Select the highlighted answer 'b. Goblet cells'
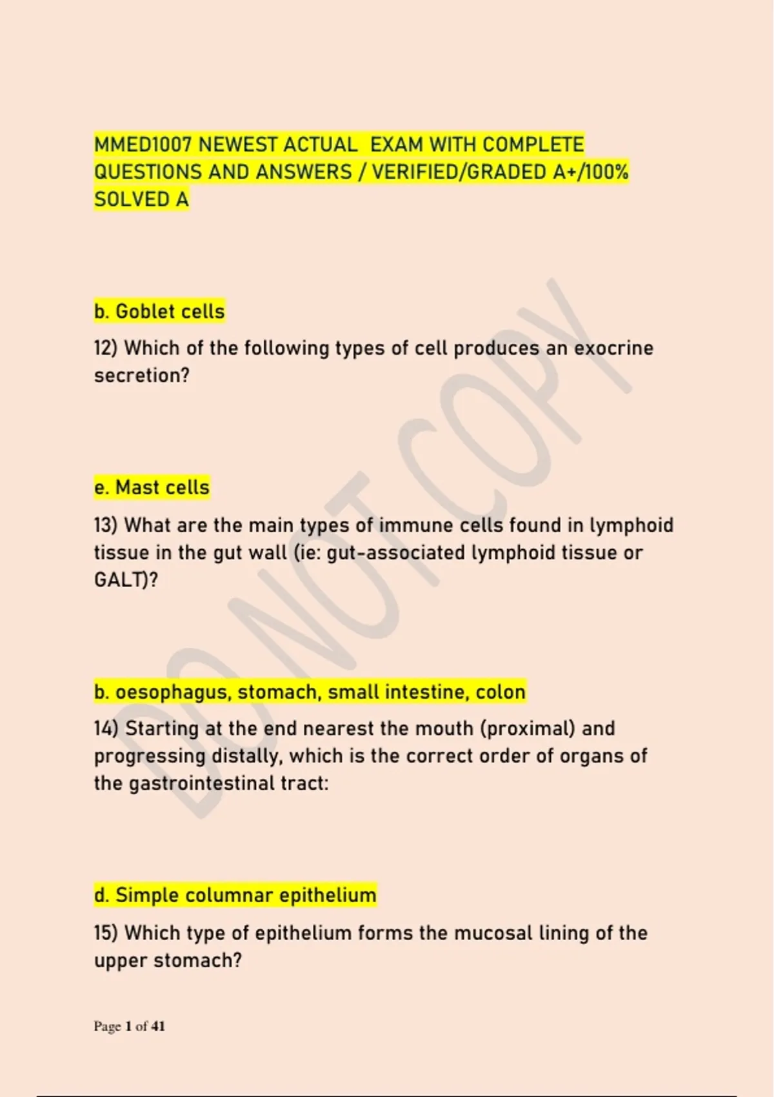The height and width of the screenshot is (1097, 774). click(159, 312)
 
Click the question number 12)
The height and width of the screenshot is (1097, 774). click(106, 348)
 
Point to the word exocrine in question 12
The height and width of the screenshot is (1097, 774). click(613, 348)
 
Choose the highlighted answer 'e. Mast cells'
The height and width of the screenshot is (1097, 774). click(152, 488)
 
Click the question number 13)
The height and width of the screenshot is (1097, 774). click(106, 525)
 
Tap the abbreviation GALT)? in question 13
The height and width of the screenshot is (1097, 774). click(126, 580)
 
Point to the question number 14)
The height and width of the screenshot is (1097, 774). click(106, 729)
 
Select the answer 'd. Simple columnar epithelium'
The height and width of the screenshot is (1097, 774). click(235, 896)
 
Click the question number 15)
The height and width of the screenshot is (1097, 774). click(106, 933)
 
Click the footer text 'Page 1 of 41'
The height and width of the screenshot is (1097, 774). click(130, 1026)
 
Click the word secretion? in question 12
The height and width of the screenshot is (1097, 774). click(142, 376)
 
